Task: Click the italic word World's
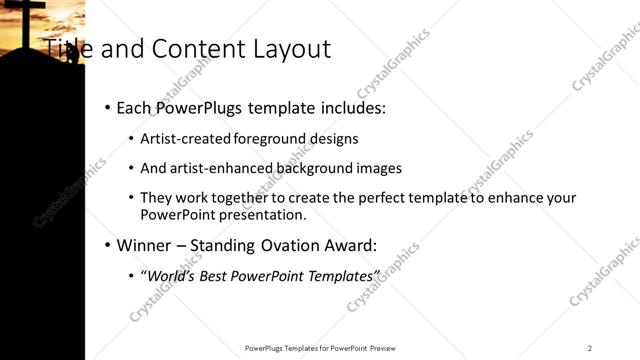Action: pos(169,275)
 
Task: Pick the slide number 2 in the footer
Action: pos(590,347)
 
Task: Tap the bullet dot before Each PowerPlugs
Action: pos(107,107)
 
